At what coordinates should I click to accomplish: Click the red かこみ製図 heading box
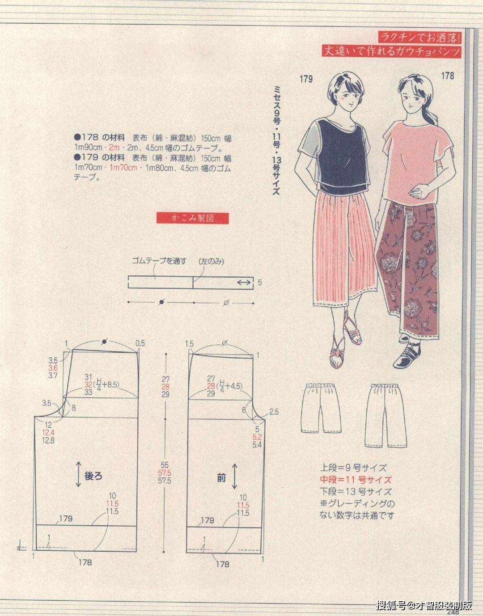[193, 218]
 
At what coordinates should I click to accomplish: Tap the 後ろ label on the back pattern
[93, 476]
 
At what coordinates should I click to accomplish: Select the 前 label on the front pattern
[221, 478]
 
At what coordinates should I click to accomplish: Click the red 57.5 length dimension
[165, 473]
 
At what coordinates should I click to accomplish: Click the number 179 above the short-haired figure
[306, 79]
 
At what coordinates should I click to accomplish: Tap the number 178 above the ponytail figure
[448, 76]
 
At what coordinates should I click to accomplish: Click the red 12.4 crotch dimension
[48, 433]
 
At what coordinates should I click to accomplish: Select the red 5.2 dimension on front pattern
[257, 437]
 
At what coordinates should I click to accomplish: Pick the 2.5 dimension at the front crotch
[274, 412]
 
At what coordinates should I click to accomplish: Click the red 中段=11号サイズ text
[356, 480]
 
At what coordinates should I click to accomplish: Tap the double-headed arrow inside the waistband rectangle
[244, 283]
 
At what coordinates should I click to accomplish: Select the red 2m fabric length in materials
[114, 148]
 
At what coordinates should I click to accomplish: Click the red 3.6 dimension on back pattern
[53, 368]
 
